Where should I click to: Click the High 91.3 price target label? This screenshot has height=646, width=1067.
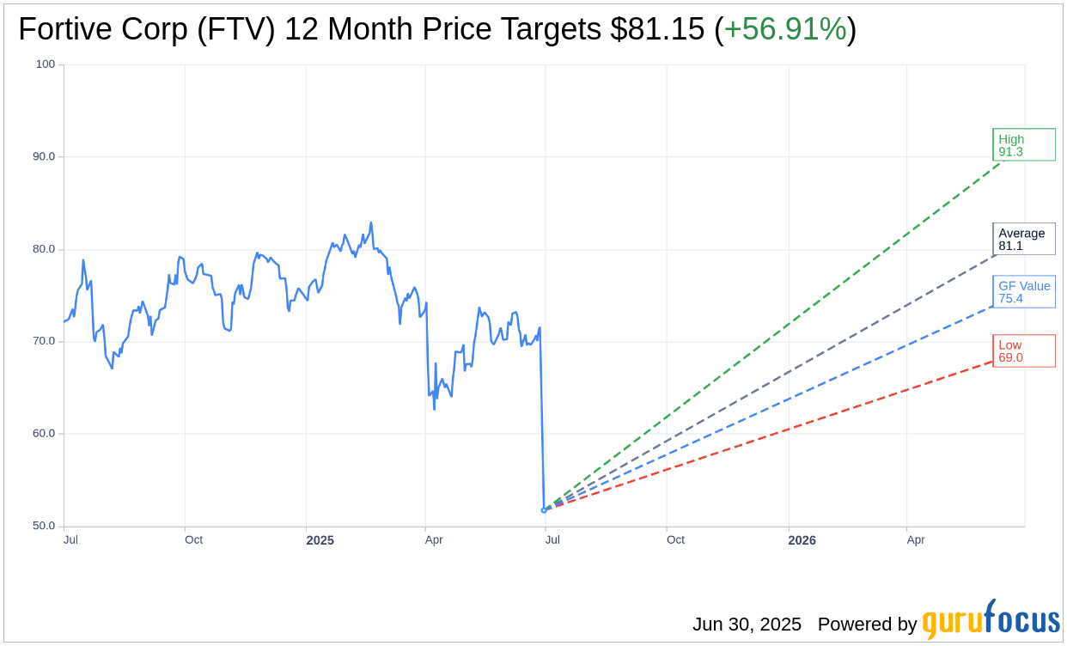[1023, 145]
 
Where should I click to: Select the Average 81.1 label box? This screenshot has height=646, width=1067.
[1023, 239]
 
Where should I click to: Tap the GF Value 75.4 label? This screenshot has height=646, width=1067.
[1023, 292]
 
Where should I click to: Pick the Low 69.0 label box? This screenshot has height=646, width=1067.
[1023, 350]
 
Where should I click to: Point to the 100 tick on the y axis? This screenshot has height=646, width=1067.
[45, 64]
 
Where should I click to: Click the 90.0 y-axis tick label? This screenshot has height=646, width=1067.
[43, 156]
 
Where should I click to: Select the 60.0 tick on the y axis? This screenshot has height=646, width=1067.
[43, 434]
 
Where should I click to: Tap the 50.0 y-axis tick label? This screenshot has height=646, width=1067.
[43, 526]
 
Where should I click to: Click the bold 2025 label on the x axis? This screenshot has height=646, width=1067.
[320, 540]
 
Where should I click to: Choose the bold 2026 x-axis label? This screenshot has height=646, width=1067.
[802, 540]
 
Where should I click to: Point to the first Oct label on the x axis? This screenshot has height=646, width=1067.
[193, 539]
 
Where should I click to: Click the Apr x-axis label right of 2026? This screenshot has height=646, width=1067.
[916, 539]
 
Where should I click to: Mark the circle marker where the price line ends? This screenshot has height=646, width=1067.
[544, 510]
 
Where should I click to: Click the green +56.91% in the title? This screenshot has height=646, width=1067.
[785, 30]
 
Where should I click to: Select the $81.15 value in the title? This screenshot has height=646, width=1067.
[657, 30]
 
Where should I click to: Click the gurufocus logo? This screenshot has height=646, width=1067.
[991, 620]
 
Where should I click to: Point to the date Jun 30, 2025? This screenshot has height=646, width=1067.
[747, 625]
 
